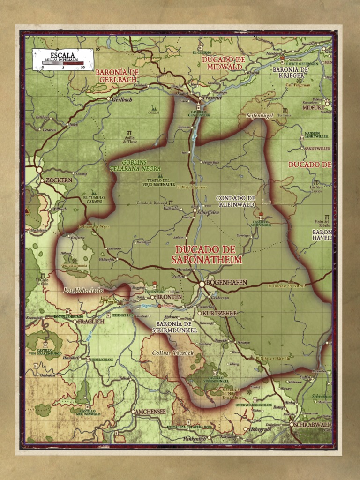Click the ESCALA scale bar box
(63, 60)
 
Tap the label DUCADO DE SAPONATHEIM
(206, 255)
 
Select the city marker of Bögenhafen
(202, 284)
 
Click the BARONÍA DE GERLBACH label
(118, 76)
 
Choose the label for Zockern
(59, 180)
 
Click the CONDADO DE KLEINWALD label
(235, 202)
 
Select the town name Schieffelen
(208, 212)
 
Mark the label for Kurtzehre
(220, 313)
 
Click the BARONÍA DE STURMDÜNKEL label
(174, 327)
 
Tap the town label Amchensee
(150, 411)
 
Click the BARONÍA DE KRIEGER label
(291, 73)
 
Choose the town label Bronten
(169, 297)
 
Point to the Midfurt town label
(313, 107)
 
